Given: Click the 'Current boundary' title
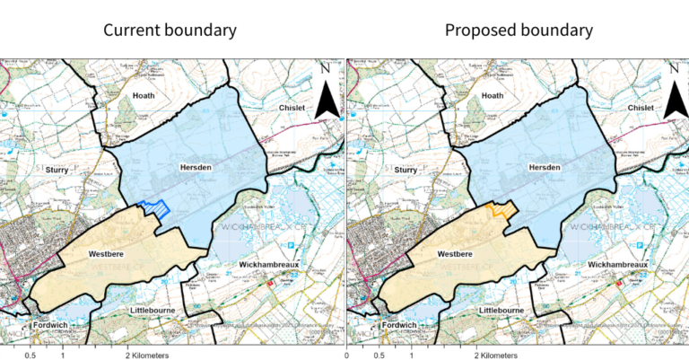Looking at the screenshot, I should coord(170,30).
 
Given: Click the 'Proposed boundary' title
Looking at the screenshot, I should coord(519,30).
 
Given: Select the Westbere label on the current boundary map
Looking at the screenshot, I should coord(106,254).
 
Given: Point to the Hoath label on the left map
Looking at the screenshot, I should coord(144,95).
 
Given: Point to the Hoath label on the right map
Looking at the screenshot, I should coord(491,95).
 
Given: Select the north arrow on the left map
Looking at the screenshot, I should coord(326,95).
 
